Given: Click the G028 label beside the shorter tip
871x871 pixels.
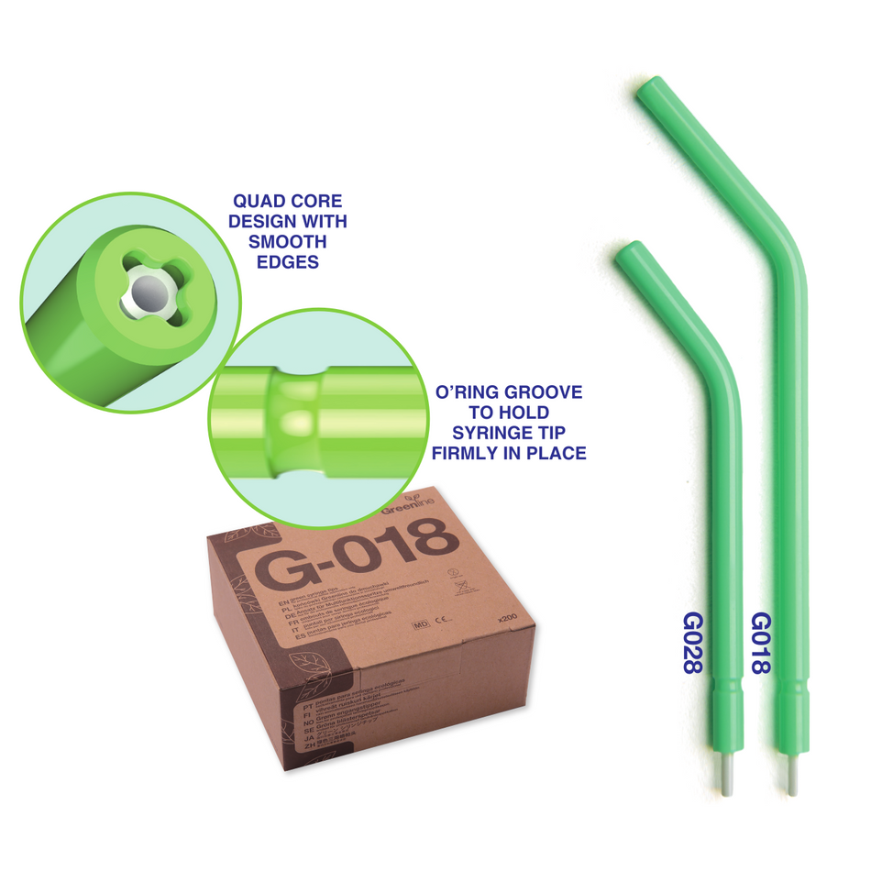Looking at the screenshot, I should tap(691, 645).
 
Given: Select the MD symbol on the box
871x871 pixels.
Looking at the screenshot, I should tap(422, 624).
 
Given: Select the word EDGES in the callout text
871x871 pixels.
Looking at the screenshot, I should tap(289, 262).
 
